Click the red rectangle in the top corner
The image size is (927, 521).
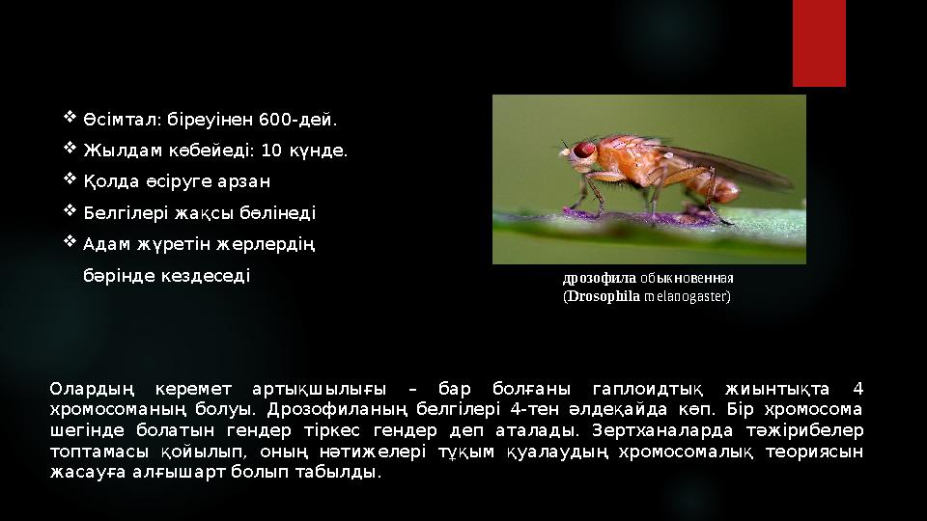[819, 43]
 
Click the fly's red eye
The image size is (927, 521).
[584, 150]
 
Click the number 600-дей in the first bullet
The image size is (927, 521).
[298, 120]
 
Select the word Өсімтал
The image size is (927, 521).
[123, 120]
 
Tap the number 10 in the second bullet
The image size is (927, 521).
[271, 151]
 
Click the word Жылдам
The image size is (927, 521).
[123, 151]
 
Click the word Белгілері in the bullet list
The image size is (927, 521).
[126, 212]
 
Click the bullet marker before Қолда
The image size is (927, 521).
[70, 178]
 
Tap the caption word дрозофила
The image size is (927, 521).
[600, 278]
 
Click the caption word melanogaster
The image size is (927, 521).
[686, 296]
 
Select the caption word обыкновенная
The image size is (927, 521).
[687, 278]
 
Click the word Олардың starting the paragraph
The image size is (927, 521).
[93, 389]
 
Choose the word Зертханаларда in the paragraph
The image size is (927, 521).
[662, 430]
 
